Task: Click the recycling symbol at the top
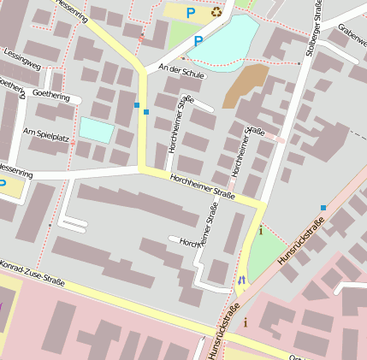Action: [216, 12]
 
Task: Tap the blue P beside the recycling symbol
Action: [191, 13]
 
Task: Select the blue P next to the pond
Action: [198, 40]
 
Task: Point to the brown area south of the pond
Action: [245, 86]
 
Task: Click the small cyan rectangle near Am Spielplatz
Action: [96, 131]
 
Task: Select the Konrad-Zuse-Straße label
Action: [33, 274]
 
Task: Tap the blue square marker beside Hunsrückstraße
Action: [323, 208]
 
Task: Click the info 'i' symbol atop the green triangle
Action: [260, 230]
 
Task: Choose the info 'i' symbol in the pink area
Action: [246, 322]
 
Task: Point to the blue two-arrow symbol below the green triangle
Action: [241, 279]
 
